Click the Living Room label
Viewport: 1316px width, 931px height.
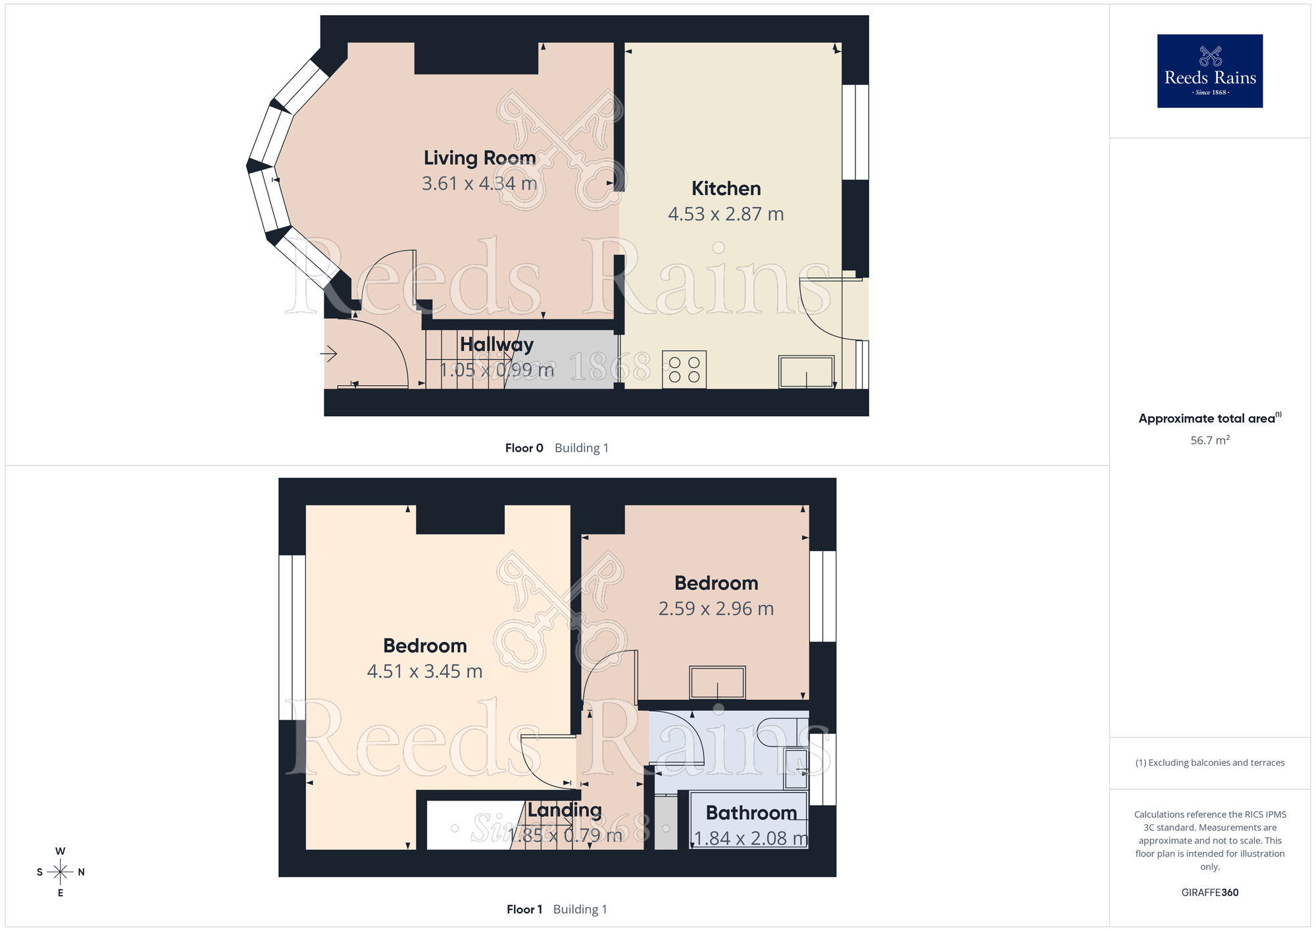pos(480,158)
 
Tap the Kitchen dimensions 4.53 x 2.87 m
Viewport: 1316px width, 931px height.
pos(726,214)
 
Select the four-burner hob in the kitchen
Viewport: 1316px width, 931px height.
pos(684,369)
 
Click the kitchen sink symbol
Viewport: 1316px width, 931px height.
pos(807,372)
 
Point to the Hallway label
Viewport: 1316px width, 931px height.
pos(497,344)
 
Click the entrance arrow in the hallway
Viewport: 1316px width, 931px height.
pos(328,354)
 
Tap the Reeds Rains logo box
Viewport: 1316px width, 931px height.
pos(1210,71)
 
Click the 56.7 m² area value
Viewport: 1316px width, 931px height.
pos(1210,440)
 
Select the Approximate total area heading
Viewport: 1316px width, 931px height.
pos(1210,418)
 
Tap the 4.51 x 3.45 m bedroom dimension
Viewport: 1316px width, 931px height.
pos(425,671)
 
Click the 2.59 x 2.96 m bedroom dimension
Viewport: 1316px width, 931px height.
pos(716,608)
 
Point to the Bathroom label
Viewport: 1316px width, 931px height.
pos(751,813)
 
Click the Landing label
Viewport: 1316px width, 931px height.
pos(565,810)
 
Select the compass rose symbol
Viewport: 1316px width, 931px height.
pos(61,872)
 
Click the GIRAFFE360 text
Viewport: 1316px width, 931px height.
pos(1210,893)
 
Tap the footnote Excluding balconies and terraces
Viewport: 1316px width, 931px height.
pos(1210,762)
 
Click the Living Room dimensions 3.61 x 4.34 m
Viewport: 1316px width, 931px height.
pos(480,183)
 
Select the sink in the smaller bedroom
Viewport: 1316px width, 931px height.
pos(717,682)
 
